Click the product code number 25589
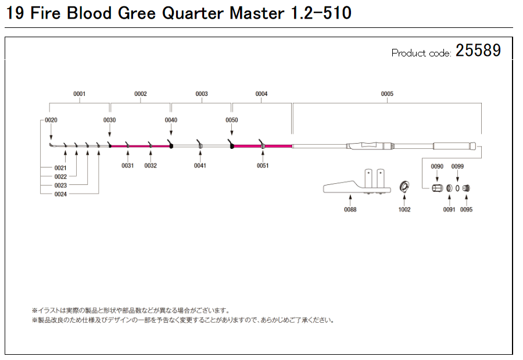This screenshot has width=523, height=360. point(478,51)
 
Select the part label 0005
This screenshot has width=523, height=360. point(387,94)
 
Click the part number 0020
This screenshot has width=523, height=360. point(51,120)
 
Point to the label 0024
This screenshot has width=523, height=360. point(61,194)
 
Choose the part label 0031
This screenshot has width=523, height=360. point(128,166)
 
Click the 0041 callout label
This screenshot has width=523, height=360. point(200,166)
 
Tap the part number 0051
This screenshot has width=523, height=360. point(262,166)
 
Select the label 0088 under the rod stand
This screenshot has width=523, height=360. point(350,210)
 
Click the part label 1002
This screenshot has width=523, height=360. point(404,210)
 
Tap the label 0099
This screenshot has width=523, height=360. point(458,167)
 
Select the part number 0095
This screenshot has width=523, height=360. point(467,210)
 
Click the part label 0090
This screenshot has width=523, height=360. point(437,167)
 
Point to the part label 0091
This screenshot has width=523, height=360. point(449,210)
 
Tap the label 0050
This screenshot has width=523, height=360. point(232,120)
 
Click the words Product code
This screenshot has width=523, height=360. point(421,54)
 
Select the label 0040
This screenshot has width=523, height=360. point(171,120)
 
